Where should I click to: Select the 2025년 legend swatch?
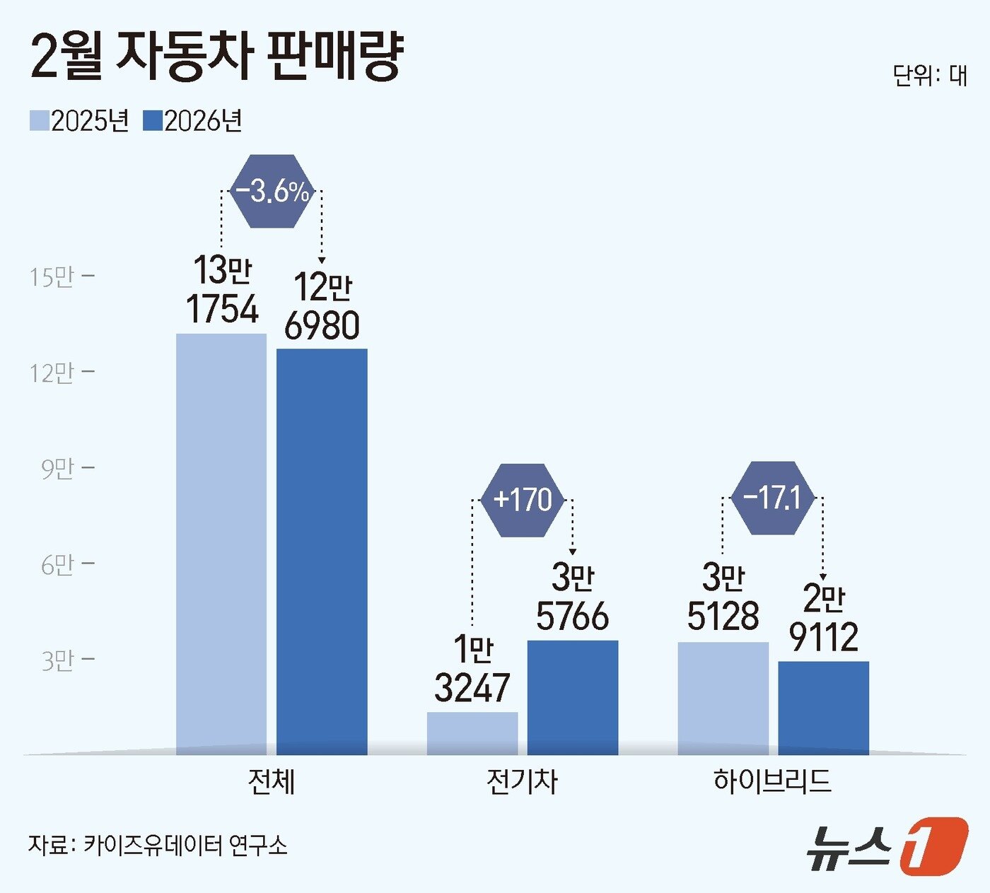tap(39, 120)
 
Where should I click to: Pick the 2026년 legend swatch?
tap(153, 120)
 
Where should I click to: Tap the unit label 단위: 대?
tap(929, 75)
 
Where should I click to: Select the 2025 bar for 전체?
tap(221, 544)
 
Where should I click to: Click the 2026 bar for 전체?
tap(322, 551)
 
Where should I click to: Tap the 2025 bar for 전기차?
tap(472, 733)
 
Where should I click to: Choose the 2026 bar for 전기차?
tap(573, 697)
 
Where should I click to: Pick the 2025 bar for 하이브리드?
tap(723, 699)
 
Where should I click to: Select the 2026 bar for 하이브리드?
tap(824, 708)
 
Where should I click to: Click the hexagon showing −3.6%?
tap(272, 192)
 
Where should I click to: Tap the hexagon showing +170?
tap(523, 500)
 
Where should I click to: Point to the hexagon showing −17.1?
tap(773, 498)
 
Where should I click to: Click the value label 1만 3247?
tap(472, 669)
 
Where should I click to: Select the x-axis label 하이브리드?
tap(772, 781)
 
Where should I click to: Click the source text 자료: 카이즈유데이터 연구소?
tap(158, 845)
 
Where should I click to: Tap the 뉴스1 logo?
tap(887, 846)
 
